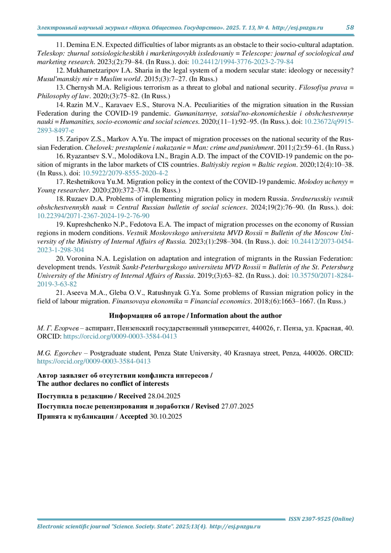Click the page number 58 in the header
point(350,28)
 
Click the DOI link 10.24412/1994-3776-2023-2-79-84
point(242,62)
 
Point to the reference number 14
point(60,105)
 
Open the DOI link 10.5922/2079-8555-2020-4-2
point(125,173)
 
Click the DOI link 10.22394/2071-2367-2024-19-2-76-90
point(93,216)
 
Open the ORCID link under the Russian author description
point(120,336)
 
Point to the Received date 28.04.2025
point(164,396)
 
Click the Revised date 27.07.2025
point(237,406)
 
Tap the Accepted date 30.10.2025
point(166,416)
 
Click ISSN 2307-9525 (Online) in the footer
point(321,519)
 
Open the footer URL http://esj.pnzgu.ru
point(235,527)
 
